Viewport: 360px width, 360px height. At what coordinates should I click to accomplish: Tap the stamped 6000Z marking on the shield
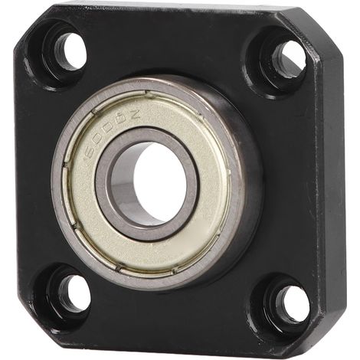tap(111, 133)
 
